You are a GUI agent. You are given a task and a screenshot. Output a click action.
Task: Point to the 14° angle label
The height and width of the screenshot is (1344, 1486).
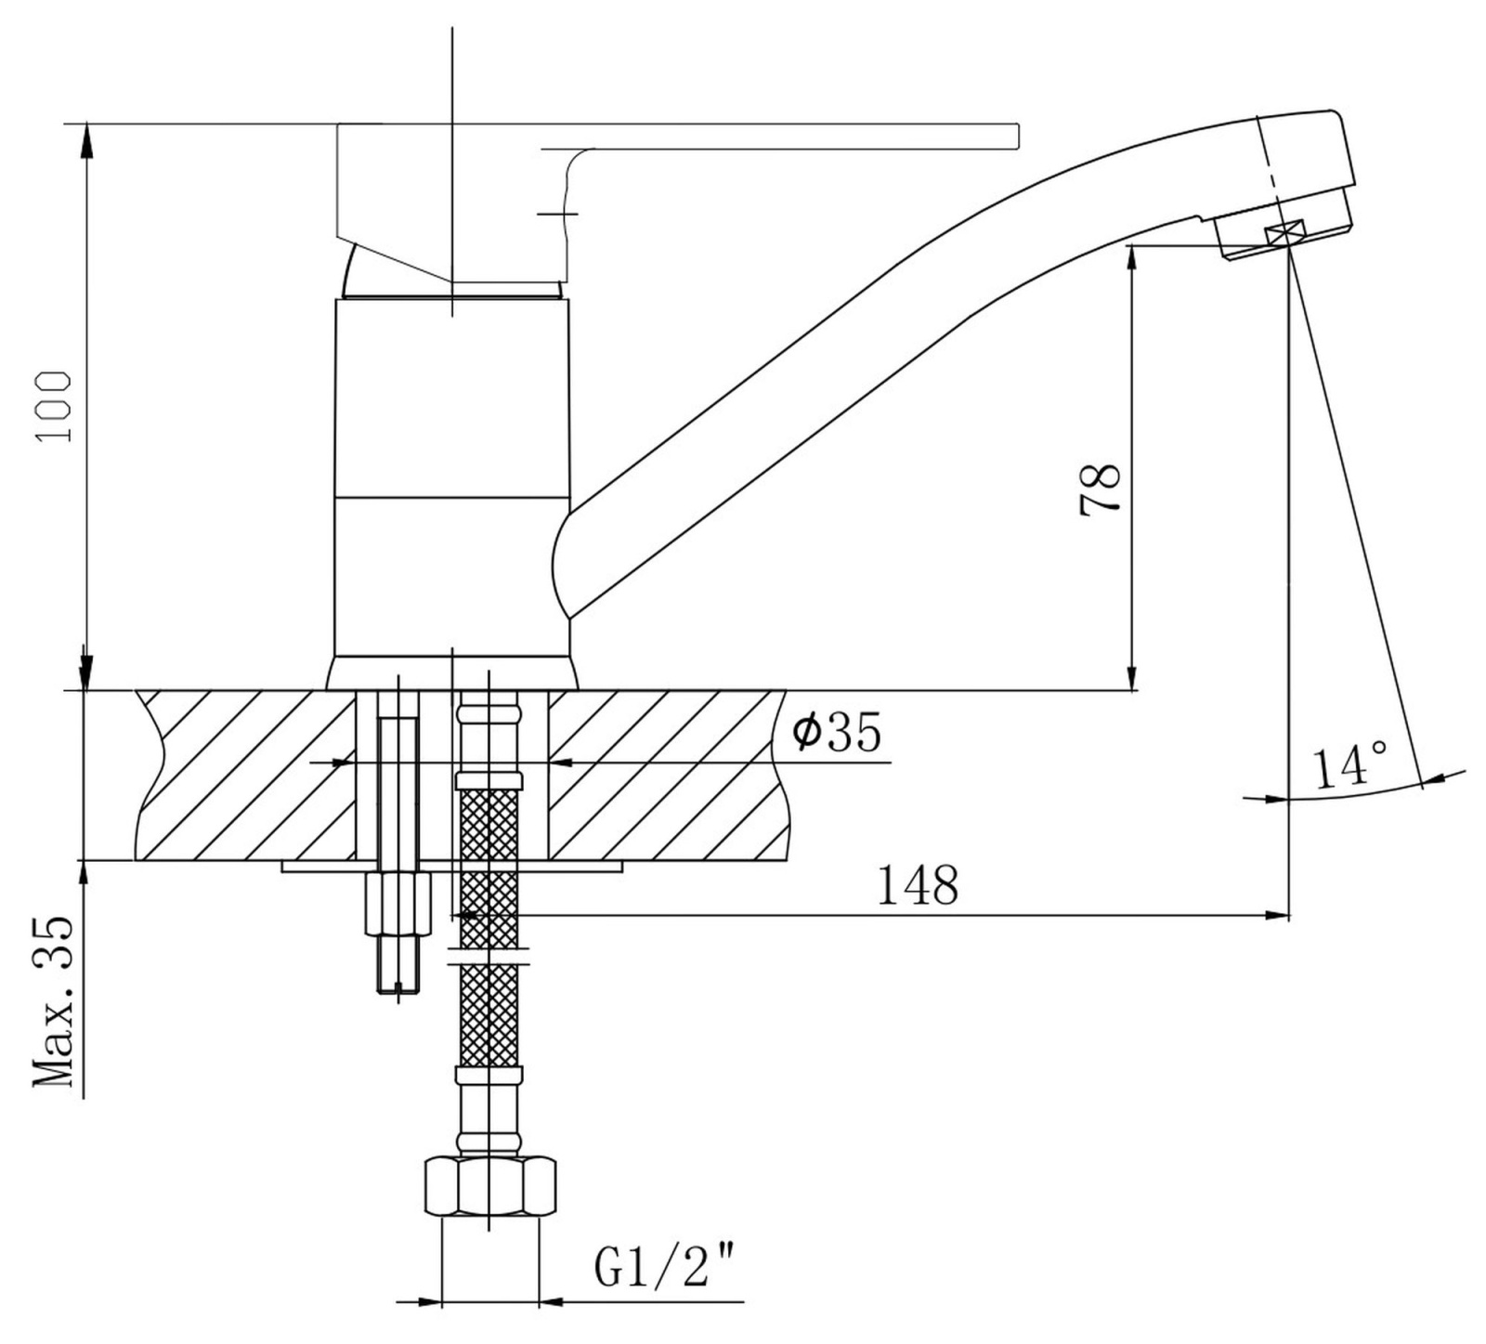tap(1350, 765)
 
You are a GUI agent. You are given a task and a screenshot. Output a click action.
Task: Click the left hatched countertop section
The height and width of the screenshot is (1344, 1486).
tap(246, 775)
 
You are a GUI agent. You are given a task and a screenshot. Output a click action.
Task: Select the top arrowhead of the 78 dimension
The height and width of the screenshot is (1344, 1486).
tap(1133, 262)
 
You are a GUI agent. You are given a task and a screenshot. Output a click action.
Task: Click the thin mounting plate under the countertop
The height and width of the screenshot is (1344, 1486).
tap(451, 867)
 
